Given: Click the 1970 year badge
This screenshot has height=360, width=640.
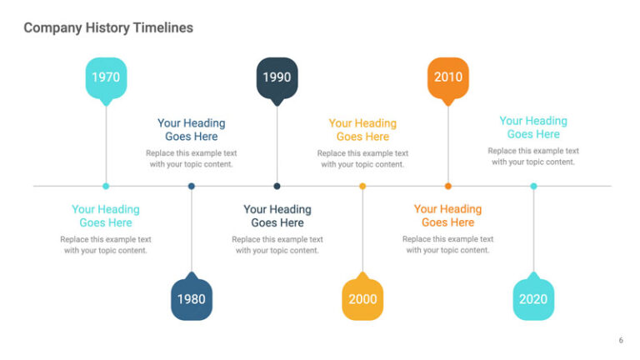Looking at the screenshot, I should coord(106,77).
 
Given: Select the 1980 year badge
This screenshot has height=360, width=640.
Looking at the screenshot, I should coord(192,299).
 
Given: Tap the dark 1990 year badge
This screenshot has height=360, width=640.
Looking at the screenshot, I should coord(277,77).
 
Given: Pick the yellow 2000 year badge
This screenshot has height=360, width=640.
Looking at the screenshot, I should coord(362,299).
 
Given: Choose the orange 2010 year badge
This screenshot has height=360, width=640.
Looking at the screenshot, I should coord(447,77).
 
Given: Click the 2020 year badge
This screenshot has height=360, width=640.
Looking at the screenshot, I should coord(533,299).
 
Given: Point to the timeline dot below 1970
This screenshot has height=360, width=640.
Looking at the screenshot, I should coord(106,186).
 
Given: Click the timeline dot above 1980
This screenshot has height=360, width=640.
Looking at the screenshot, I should coord(192,186).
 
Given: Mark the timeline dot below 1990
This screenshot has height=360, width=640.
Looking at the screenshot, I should coord(277,186).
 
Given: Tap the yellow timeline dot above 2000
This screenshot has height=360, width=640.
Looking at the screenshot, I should coord(362,186).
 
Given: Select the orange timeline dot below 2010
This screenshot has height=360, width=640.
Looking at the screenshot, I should coord(447,186).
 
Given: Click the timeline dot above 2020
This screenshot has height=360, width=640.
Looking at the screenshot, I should coord(533,186).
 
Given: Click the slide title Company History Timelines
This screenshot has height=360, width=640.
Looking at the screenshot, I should coord(108,27).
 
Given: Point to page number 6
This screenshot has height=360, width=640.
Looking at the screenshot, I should coord(620,340).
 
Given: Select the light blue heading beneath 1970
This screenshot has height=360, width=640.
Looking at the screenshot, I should coord(106,216).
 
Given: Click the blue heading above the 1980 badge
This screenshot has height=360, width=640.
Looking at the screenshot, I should coord(192,129).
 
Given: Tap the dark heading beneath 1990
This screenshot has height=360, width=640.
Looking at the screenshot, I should coord(277,216).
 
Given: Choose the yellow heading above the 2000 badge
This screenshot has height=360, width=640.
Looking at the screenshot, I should coord(362,129).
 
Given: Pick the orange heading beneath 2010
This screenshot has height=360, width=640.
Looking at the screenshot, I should coord(447,216).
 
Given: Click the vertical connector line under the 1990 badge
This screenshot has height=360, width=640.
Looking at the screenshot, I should coord(277,142).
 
